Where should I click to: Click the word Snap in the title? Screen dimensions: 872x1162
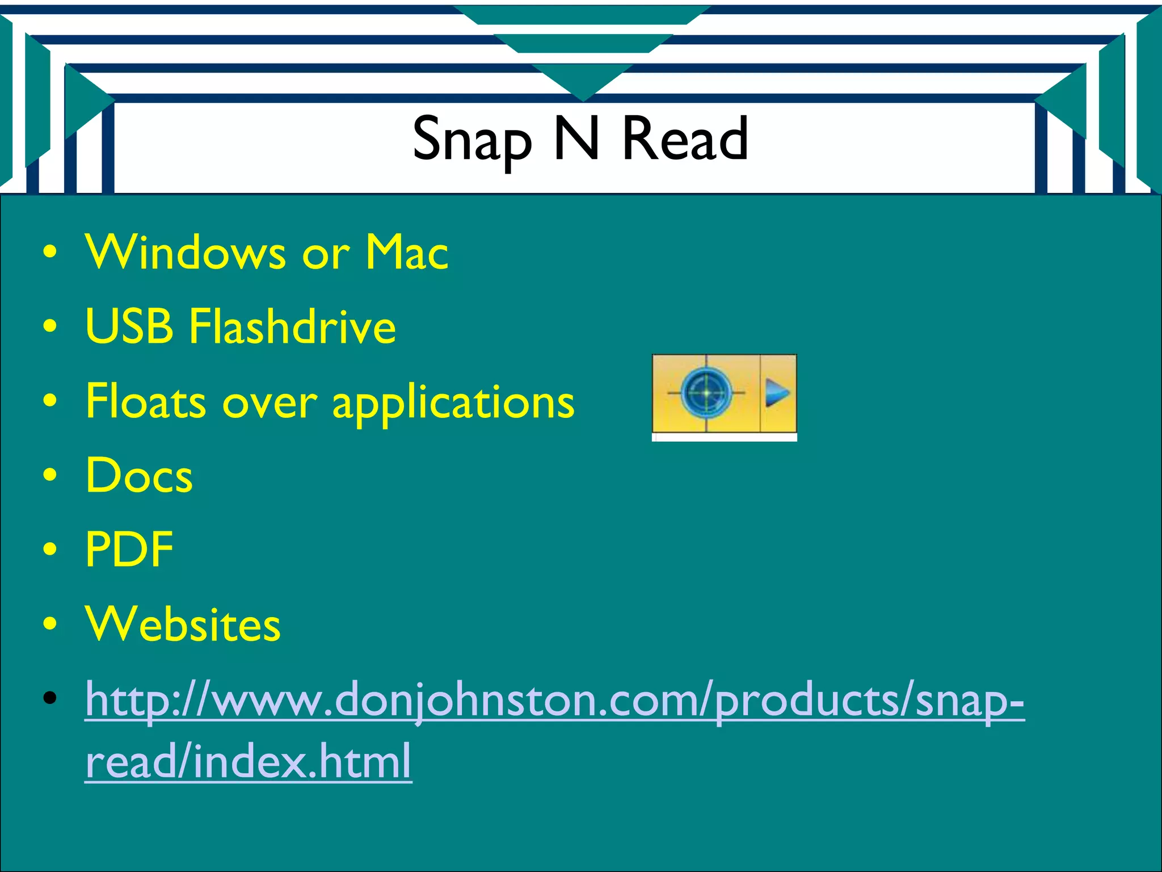point(472,139)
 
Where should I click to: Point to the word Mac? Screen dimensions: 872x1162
point(406,252)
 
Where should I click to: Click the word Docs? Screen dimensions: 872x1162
point(139,475)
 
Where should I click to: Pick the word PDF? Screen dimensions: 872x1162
point(129,549)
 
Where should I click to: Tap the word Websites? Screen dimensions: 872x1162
point(183,624)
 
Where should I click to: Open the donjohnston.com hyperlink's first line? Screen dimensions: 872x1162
point(554,700)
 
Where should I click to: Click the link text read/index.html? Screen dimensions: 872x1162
point(249,761)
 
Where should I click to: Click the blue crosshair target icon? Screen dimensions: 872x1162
point(706,392)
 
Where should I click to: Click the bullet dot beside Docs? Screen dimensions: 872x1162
point(50,475)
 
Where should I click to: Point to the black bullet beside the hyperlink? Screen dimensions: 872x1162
point(50,698)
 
